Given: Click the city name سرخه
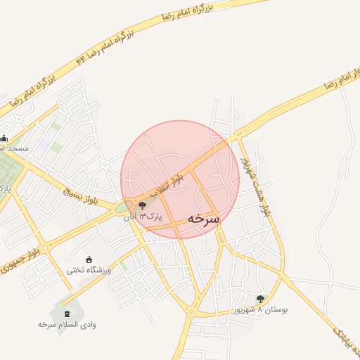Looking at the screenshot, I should (204, 219).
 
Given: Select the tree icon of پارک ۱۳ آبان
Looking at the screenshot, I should (143, 205).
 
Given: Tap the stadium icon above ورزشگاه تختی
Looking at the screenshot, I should (89, 259).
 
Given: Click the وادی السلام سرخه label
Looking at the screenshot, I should (67, 325).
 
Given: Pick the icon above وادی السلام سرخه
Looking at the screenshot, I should (67, 313).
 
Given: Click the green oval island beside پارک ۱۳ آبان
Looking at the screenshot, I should (124, 207).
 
